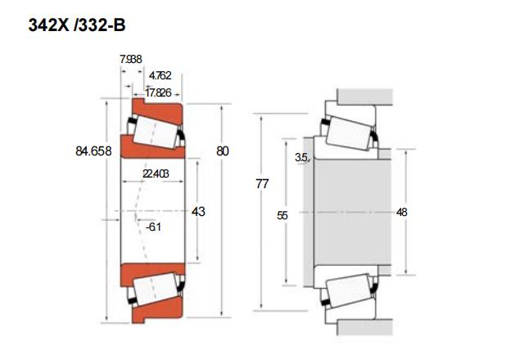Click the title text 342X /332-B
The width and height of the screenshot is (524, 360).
[x=77, y=25]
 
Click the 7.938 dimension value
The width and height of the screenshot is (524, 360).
[x=131, y=59]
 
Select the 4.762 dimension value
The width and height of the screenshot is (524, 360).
[x=160, y=75]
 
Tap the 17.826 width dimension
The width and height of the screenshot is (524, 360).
[x=158, y=92]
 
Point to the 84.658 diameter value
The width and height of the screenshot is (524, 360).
[x=93, y=151]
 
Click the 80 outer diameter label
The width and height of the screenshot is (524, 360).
[x=223, y=151]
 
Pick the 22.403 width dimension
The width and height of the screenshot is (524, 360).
[x=156, y=173]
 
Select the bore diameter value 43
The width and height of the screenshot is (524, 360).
[x=198, y=211]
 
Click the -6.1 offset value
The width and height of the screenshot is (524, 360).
[x=153, y=227]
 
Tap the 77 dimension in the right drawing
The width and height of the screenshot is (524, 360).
[x=262, y=183]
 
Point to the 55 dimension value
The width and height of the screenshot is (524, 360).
[x=282, y=216]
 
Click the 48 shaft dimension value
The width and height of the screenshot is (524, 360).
[x=402, y=212]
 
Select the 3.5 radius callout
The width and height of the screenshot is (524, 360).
[x=300, y=157]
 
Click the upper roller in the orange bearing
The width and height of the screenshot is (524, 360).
[x=156, y=133]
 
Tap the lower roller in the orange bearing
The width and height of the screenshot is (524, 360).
[x=155, y=289]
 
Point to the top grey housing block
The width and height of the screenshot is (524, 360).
[x=364, y=97]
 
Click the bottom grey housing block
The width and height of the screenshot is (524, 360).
[x=364, y=327]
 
